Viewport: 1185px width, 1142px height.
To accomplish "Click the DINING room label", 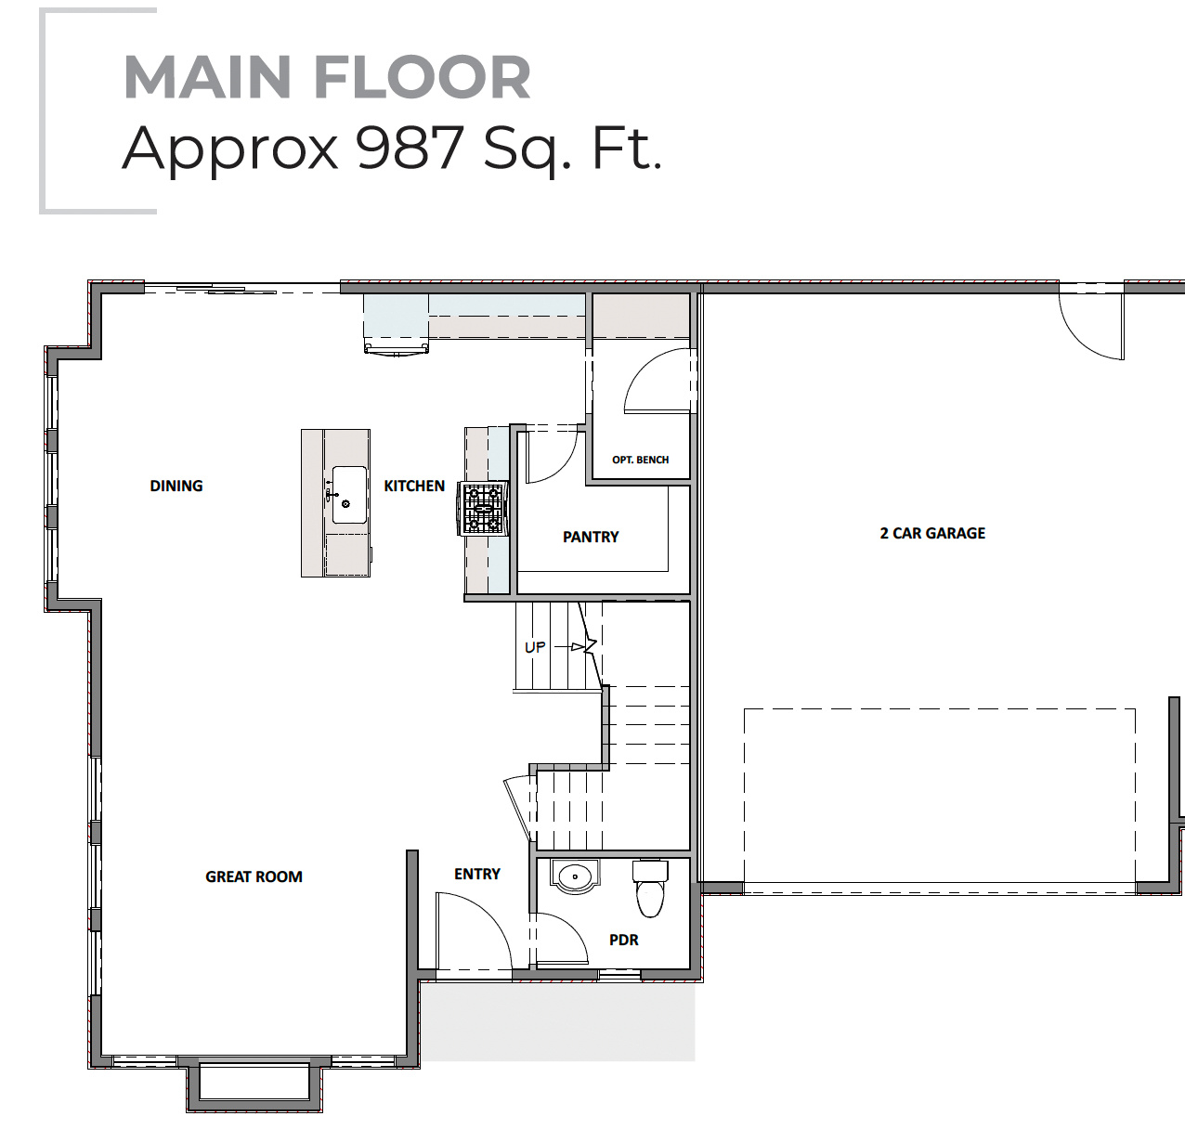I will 176,486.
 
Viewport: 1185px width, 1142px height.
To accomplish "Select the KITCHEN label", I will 414,486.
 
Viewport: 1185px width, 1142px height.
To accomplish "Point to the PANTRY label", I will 591,537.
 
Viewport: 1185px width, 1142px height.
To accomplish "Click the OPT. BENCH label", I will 640,460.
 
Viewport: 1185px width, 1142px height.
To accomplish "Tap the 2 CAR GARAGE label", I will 932,533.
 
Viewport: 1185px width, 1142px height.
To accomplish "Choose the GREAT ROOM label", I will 254,876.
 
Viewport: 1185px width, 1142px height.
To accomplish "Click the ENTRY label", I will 477,874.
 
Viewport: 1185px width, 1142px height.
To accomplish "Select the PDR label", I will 624,940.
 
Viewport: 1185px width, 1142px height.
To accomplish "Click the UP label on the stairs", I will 535,647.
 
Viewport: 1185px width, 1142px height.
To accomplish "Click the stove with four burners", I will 483,509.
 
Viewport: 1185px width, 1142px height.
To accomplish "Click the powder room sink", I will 575,876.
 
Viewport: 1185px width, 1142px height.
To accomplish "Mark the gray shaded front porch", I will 557,1021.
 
